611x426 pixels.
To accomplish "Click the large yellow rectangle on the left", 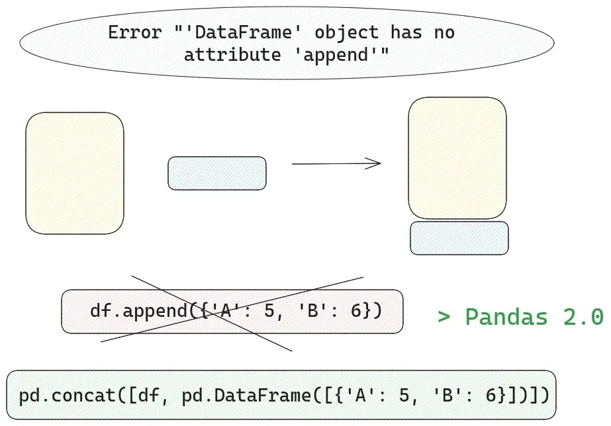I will [x=75, y=173].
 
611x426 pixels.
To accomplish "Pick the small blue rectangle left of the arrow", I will [x=217, y=173].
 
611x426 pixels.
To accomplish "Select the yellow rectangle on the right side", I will [x=457, y=158].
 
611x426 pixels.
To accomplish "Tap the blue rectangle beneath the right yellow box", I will [x=459, y=238].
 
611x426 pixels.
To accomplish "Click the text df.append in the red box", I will [x=139, y=310].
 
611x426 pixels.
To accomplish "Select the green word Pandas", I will [x=506, y=317].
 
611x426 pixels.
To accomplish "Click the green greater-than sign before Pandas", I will [x=444, y=317].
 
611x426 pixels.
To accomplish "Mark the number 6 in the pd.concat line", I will [x=489, y=396].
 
